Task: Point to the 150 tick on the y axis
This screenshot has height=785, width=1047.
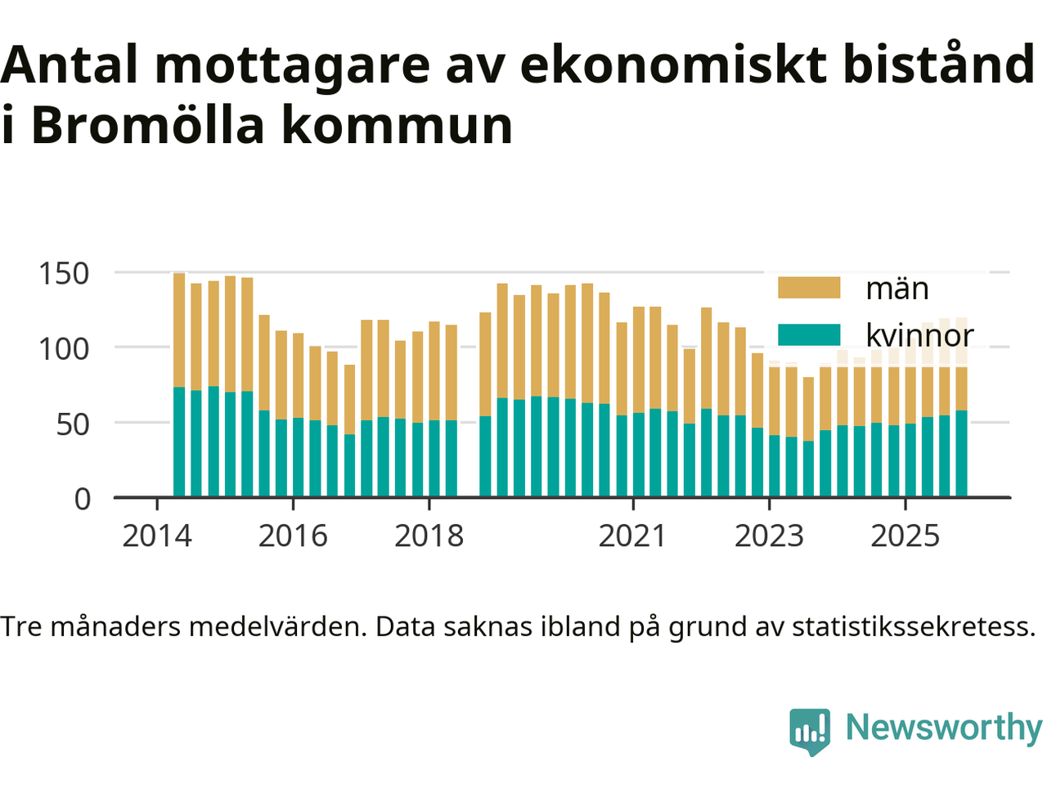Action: coord(64,273)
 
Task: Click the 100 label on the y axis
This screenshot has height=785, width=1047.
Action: coord(64,348)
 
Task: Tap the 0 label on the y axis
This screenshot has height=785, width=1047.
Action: coord(83,499)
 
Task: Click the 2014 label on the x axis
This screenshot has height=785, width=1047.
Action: coord(156,536)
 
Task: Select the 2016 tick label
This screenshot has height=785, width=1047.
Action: coord(293,536)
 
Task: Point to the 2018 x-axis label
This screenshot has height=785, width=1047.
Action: coord(429,536)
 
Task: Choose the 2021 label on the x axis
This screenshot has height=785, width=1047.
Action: coord(632,536)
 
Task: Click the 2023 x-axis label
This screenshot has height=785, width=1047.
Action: coord(769,536)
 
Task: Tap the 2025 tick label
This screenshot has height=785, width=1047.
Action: coord(905,536)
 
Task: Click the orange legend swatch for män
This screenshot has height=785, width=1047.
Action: coord(808,288)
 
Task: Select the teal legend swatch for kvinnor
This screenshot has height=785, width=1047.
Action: coord(808,334)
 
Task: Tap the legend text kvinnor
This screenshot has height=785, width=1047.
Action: coord(919,334)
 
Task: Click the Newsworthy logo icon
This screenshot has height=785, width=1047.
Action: coord(809,730)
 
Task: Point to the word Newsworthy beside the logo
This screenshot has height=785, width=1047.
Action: coord(943,727)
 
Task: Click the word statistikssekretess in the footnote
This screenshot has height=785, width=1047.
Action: coord(913,627)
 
